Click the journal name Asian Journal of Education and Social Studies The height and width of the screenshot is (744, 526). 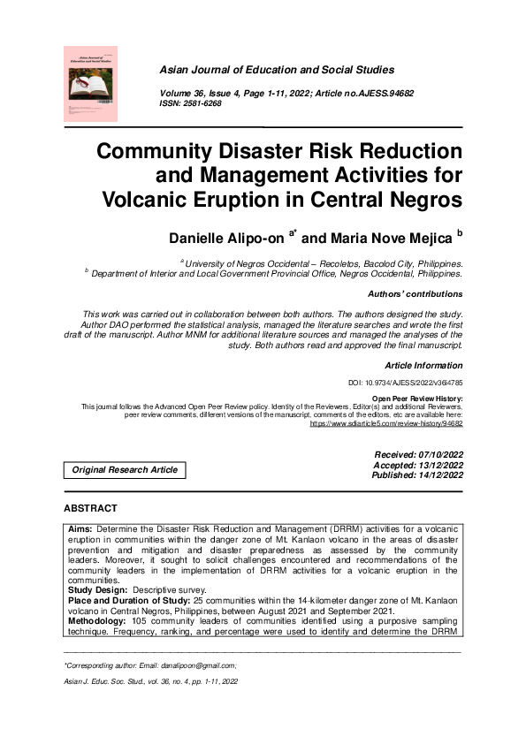[277, 70]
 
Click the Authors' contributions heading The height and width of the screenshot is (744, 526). [413, 294]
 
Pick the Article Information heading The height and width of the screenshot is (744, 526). [423, 365]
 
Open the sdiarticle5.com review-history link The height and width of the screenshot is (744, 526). [386, 423]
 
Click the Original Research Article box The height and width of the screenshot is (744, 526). [125, 470]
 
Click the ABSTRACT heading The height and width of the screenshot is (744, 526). [90, 509]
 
